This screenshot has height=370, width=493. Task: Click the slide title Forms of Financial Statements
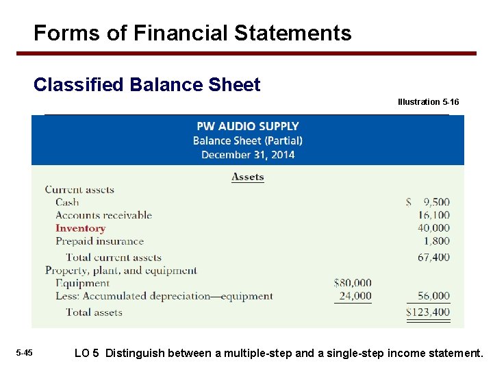[x=192, y=33]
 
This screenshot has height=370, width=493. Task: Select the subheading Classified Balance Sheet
[x=147, y=85]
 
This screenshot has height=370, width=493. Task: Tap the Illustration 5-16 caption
[x=428, y=102]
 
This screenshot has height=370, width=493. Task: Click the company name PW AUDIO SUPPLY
[x=247, y=126]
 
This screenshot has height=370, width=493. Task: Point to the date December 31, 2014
[x=247, y=155]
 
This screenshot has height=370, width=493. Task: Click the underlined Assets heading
[x=247, y=177]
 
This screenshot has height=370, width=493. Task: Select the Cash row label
[x=67, y=202]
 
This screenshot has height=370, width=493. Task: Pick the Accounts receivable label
[x=103, y=215]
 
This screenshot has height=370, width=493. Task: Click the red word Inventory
[x=80, y=228]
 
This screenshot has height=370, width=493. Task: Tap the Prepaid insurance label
[x=99, y=241]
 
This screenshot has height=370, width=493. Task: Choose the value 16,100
[x=433, y=215]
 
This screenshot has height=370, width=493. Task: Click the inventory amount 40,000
[x=433, y=228]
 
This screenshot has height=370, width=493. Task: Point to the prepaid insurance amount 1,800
[x=437, y=241]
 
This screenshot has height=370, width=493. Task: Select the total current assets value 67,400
[x=433, y=258]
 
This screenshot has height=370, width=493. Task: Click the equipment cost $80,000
[x=353, y=282]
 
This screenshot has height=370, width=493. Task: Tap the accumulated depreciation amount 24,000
[x=355, y=296]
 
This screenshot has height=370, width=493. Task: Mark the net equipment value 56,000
[x=433, y=296]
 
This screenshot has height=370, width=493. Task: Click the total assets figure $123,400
[x=429, y=312]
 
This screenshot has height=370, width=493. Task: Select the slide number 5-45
[x=24, y=353]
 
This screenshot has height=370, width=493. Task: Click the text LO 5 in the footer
[x=87, y=354]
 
